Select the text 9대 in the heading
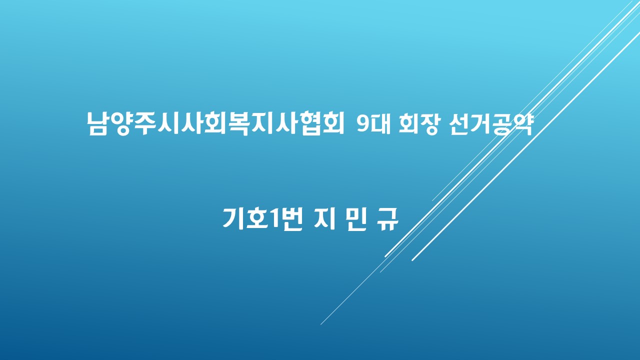click(x=373, y=124)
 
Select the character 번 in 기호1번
click(x=291, y=219)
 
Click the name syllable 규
click(x=387, y=219)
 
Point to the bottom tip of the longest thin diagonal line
click(x=320, y=325)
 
